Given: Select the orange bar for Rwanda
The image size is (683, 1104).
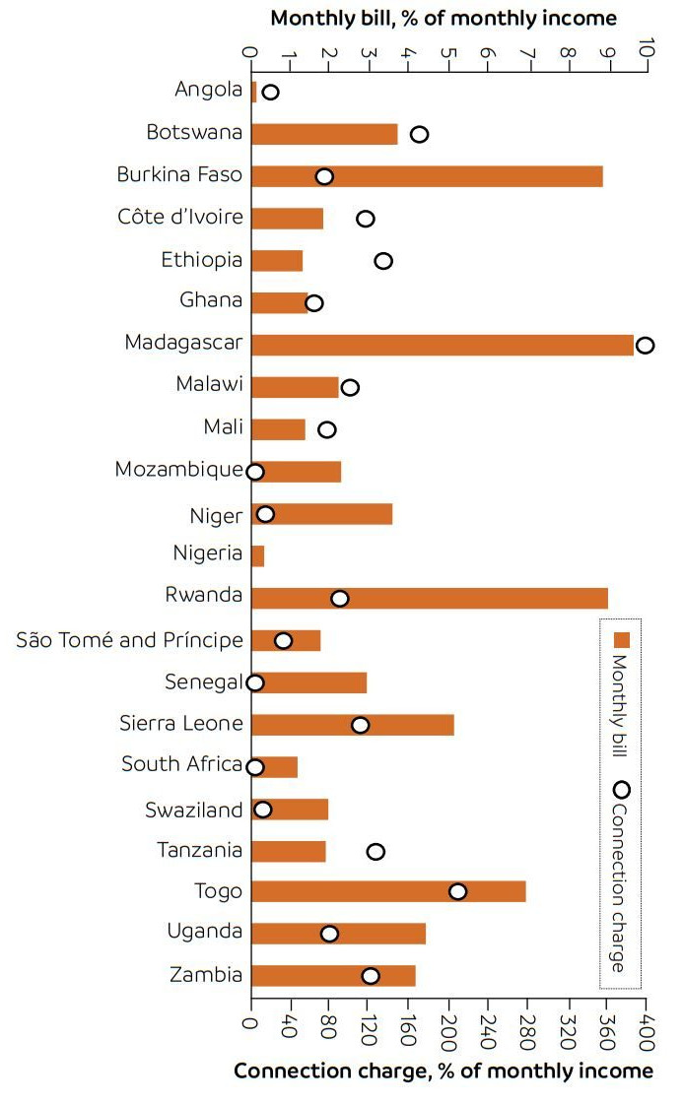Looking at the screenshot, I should pyautogui.click(x=429, y=598).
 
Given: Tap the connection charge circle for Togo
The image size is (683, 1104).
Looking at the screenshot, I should pyautogui.click(x=457, y=891).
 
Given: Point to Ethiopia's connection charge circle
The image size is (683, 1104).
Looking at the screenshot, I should pyautogui.click(x=383, y=261).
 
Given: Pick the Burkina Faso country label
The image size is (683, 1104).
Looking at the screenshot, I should pyautogui.click(x=179, y=175).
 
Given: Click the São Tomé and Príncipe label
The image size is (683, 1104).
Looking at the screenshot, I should pyautogui.click(x=129, y=640).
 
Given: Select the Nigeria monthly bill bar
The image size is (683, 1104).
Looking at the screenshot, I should pyautogui.click(x=257, y=555).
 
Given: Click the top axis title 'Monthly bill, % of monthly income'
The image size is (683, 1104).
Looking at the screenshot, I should pyautogui.click(x=444, y=18).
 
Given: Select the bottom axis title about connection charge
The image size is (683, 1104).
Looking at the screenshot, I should pyautogui.click(x=443, y=1072).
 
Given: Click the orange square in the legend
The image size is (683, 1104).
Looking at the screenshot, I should pyautogui.click(x=621, y=639).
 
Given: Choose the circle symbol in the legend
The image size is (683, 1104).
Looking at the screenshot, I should pyautogui.click(x=621, y=790).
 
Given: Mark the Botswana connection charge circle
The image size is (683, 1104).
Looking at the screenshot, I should pyautogui.click(x=419, y=134).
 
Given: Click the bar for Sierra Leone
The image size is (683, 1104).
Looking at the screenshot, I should pyautogui.click(x=352, y=725).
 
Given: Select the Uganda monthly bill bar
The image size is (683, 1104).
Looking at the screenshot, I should pyautogui.click(x=338, y=934).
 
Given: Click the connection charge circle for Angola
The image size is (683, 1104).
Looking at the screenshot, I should pyautogui.click(x=270, y=93).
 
